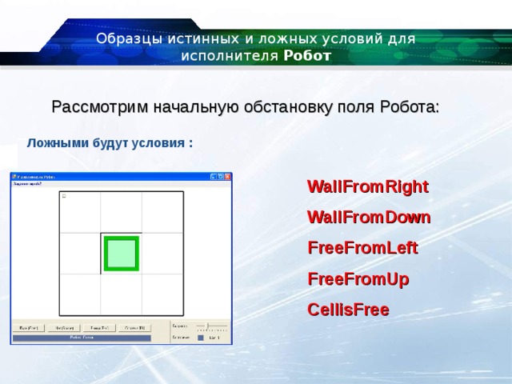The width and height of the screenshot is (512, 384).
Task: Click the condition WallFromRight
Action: (368, 187)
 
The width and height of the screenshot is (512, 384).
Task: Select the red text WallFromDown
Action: (369, 218)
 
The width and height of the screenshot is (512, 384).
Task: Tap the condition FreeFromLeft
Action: (362, 248)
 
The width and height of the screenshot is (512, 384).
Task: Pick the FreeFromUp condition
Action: (358, 279)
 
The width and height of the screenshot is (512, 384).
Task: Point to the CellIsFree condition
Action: (348, 310)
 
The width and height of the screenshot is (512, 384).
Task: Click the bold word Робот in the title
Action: (307, 56)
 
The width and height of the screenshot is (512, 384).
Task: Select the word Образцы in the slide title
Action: (126, 39)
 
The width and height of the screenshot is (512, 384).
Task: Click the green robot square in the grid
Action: (121, 254)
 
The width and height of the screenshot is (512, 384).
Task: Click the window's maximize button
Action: (221, 177)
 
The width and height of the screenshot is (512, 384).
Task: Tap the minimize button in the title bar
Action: (214, 177)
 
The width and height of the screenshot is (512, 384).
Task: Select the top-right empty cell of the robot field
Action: (162, 212)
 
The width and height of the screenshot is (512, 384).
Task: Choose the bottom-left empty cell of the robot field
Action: (80, 294)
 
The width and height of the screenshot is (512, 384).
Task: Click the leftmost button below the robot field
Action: (28, 328)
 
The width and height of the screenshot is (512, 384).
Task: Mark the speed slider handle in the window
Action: (207, 326)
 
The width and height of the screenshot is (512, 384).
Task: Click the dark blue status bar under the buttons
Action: (81, 338)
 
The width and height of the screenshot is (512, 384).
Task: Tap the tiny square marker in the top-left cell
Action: (64, 196)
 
